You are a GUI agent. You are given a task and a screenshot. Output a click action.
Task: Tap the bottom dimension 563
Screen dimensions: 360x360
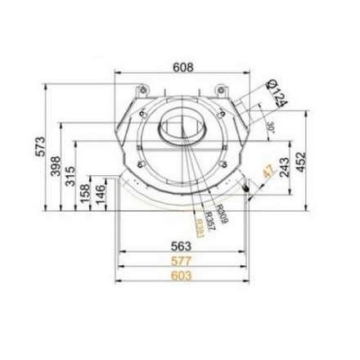click(x=180, y=243)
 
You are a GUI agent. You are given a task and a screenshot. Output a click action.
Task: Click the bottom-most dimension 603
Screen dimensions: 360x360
click(x=180, y=276)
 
